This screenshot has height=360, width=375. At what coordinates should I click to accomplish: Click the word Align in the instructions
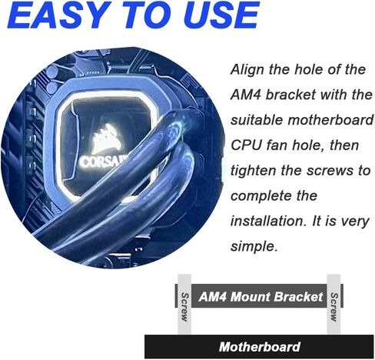[247, 70]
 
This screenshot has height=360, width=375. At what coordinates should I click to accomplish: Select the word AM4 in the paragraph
[246, 95]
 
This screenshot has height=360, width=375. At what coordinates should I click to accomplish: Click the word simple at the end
[254, 247]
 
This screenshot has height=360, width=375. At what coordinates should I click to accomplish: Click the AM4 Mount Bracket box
[259, 296]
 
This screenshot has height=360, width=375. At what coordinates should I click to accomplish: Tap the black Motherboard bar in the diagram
[259, 347]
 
